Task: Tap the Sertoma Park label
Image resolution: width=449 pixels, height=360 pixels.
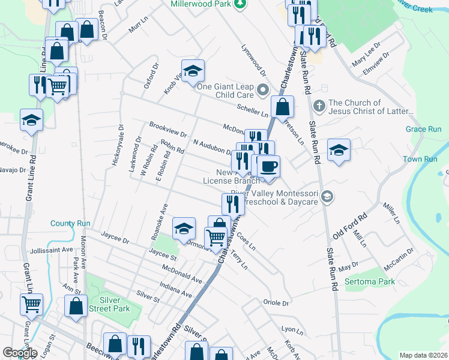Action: (370, 281)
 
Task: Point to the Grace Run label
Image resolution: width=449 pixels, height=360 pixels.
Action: (423, 129)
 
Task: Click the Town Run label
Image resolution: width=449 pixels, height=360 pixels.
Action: (420, 159)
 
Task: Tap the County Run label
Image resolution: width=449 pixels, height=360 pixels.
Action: (70, 223)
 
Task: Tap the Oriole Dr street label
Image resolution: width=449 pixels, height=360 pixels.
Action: (276, 303)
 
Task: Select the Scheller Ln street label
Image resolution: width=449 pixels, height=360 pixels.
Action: (253, 109)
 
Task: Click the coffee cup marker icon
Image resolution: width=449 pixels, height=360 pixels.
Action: (269, 166)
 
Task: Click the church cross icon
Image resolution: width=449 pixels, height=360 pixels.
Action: (319, 106)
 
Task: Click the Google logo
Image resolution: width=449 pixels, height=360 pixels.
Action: (20, 353)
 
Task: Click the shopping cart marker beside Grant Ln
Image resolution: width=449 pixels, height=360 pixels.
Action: (31, 304)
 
